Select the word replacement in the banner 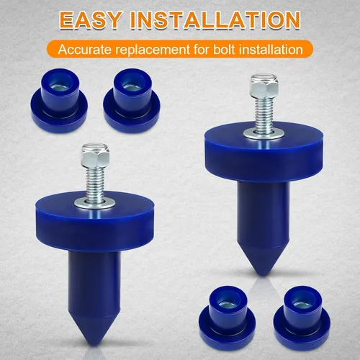152,50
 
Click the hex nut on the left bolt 95,156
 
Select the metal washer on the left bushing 94,204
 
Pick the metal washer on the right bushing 264,133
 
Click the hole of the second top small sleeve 130,83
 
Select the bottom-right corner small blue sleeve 302,318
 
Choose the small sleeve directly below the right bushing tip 228,318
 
